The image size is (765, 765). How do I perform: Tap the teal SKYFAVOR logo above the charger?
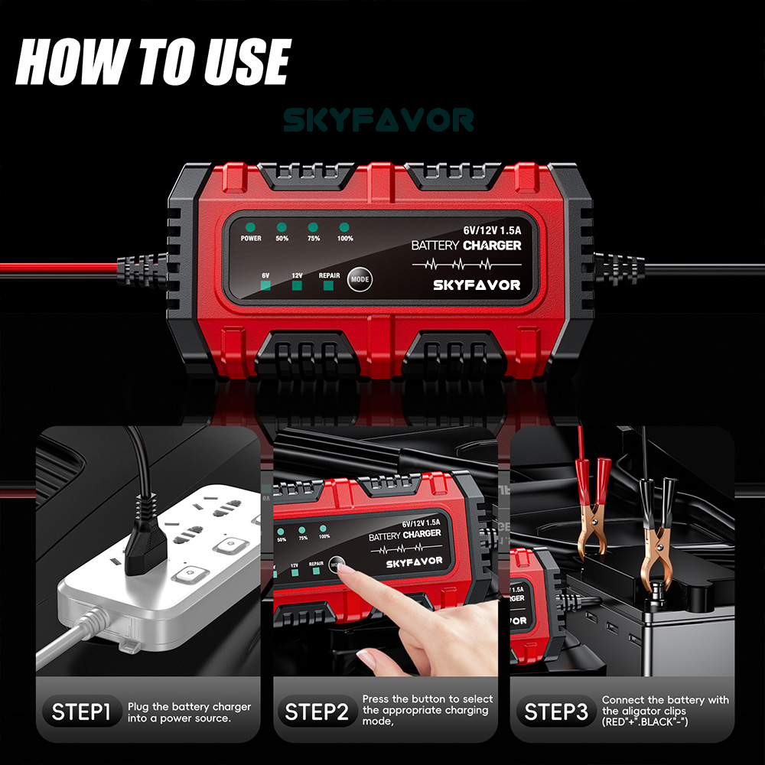pos(379,120)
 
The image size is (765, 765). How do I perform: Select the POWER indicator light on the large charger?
pos(251,227)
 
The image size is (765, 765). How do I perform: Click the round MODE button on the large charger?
pos(359,279)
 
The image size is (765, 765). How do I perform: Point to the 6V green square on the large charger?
pos(265,286)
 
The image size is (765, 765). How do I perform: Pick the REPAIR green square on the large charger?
pos(329,286)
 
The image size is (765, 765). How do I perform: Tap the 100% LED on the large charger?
pos(344,227)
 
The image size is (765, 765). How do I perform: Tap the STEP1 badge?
pos(81,713)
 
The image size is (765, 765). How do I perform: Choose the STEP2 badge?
pos(317,713)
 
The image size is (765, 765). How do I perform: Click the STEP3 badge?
pos(556,713)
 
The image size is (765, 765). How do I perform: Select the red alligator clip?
pos(593,505)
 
